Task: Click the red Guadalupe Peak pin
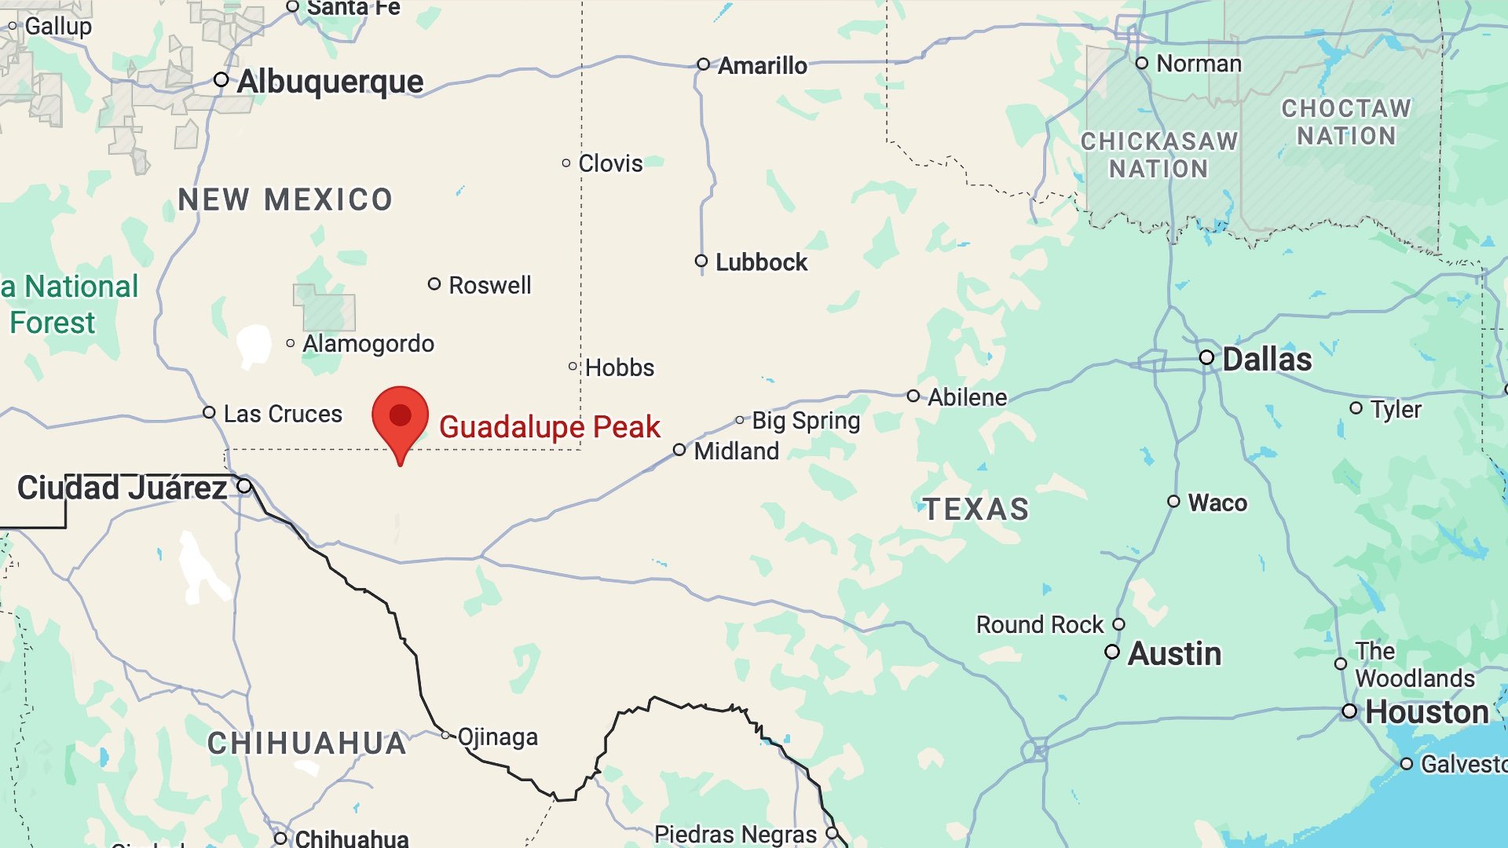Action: (401, 416)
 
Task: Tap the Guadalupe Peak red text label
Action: (549, 427)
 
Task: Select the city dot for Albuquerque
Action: (221, 80)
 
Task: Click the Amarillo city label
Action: (762, 66)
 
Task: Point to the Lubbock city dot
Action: (701, 261)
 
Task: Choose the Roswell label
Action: (489, 285)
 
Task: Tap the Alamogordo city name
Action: (368, 344)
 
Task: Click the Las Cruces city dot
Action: (209, 413)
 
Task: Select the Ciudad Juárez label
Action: (123, 488)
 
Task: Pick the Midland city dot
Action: (679, 450)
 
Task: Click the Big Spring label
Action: (806, 421)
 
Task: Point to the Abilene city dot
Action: (913, 397)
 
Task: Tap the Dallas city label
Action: (1267, 360)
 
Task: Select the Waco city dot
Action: (1173, 502)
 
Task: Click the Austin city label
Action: (1174, 653)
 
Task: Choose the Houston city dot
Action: (1349, 711)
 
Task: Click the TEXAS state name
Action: (975, 510)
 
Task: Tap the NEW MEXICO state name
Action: (285, 200)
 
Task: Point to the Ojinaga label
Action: (497, 737)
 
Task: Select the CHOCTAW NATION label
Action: (1346, 122)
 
